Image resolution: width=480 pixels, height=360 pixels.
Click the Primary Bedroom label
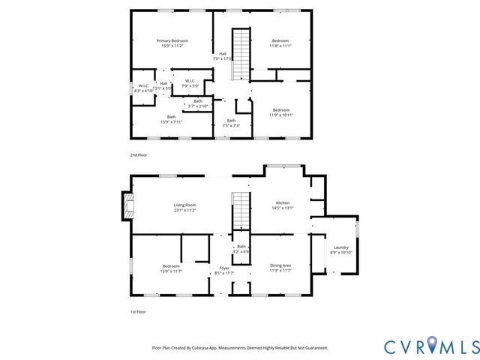172,43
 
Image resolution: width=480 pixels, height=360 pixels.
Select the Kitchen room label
283,205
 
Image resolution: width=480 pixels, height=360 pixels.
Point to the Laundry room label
340,250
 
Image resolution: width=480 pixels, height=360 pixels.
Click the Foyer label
224,270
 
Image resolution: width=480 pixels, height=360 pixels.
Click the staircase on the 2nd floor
239,54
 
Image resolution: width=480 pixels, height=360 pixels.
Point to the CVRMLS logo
431,346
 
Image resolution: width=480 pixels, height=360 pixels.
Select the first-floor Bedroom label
171,268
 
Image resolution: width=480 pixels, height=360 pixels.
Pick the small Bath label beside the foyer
241,249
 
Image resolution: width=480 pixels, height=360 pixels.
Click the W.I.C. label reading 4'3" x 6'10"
144,88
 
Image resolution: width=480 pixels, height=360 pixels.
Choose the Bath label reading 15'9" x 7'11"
171,118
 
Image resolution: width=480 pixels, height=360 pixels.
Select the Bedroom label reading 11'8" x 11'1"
280,43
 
